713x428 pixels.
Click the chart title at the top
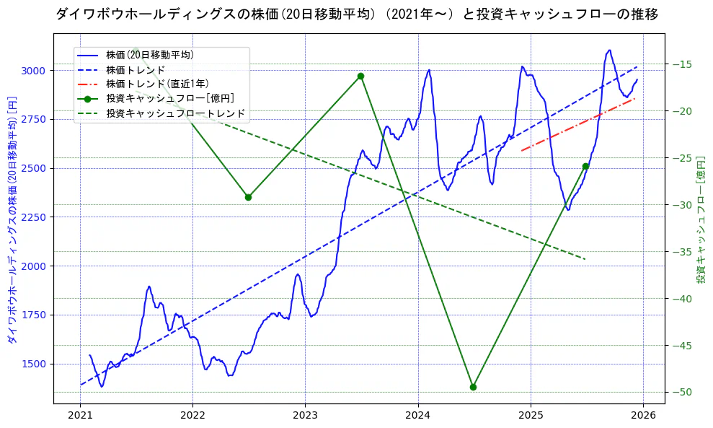(356, 14)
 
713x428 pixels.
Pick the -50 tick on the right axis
(682, 392)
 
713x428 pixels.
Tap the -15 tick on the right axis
(682, 64)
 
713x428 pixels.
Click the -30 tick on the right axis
(682, 205)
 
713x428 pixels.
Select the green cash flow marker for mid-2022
(248, 197)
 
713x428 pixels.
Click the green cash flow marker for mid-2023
(360, 76)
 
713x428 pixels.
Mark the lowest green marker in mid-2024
(473, 387)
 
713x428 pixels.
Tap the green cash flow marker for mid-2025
(585, 166)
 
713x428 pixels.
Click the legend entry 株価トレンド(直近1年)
(167, 84)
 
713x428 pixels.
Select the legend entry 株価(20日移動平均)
(149, 55)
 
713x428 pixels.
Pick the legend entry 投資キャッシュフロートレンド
(176, 113)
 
